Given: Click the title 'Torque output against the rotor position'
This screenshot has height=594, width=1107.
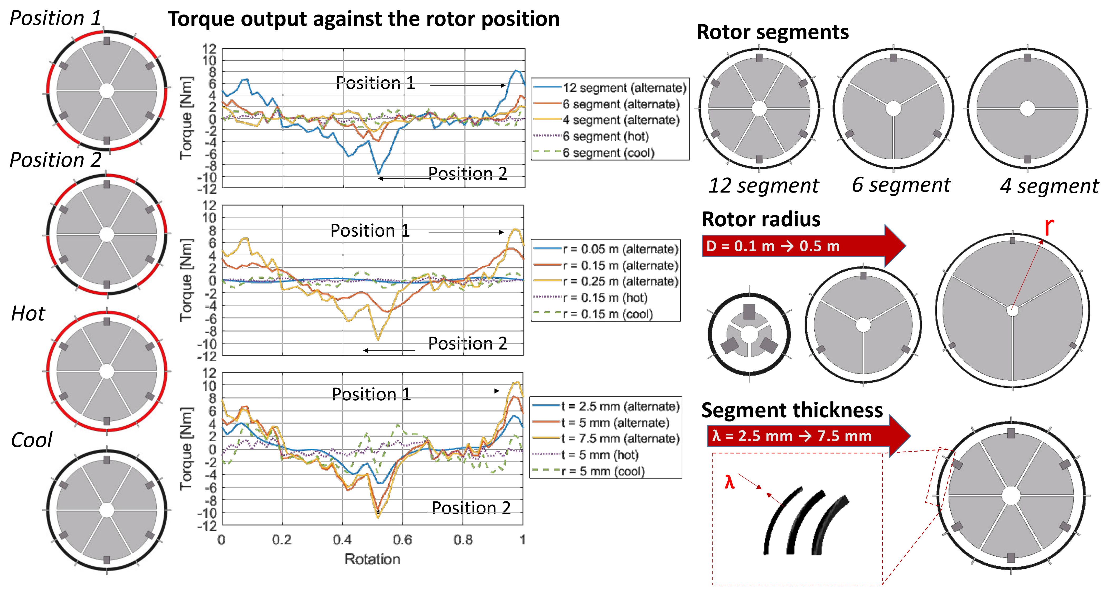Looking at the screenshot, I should (363, 19).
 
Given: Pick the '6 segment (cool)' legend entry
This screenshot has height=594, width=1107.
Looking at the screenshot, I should (608, 153).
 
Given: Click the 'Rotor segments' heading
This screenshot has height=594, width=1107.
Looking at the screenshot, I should (772, 32).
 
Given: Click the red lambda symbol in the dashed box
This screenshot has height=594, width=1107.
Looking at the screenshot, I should (729, 482).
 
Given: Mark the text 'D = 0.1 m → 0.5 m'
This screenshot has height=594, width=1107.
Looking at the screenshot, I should (773, 246).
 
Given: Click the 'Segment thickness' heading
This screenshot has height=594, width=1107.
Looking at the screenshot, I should (792, 410).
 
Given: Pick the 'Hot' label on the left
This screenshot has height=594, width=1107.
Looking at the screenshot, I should (28, 314).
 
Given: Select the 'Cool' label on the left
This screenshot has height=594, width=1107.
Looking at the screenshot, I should (31, 440).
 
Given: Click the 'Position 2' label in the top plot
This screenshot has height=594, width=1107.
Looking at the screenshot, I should (468, 173).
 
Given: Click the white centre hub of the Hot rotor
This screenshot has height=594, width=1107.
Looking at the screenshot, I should (106, 371).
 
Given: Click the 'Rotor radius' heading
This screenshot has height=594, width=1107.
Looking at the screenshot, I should (761, 219).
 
